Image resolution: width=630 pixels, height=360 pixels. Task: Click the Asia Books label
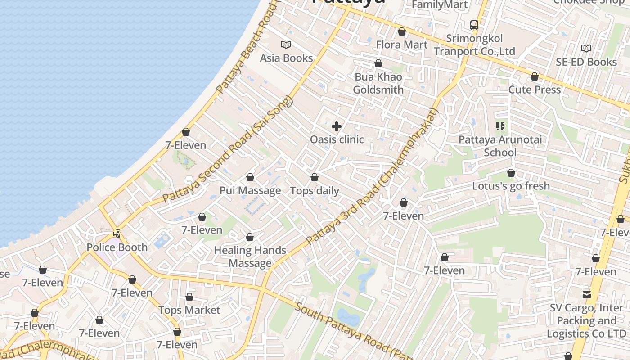click(286, 58)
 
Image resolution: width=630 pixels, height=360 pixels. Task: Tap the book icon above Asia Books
click(286, 45)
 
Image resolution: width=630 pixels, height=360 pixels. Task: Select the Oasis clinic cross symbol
click(336, 126)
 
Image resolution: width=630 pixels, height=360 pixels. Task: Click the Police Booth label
click(117, 247)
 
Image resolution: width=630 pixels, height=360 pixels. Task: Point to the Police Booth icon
click(117, 234)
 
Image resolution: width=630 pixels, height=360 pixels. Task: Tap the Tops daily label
click(315, 191)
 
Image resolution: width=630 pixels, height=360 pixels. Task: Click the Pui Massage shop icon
click(250, 177)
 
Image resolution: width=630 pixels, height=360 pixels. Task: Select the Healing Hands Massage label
click(250, 256)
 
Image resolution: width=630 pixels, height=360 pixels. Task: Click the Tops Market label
click(189, 310)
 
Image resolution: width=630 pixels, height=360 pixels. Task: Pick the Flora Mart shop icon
click(402, 31)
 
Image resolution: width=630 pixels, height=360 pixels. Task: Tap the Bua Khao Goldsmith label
click(378, 83)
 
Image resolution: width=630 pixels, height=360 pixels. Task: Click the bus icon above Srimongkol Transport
click(474, 25)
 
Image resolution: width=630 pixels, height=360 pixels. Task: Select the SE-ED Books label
click(586, 62)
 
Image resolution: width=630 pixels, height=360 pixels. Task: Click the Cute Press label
click(535, 90)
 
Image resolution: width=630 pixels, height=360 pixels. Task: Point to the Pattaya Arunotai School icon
click(500, 126)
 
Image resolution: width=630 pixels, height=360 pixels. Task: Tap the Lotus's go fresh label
click(511, 186)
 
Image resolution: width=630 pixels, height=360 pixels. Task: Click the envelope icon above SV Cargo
click(587, 295)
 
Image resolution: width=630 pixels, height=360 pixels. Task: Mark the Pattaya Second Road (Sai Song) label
click(227, 149)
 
